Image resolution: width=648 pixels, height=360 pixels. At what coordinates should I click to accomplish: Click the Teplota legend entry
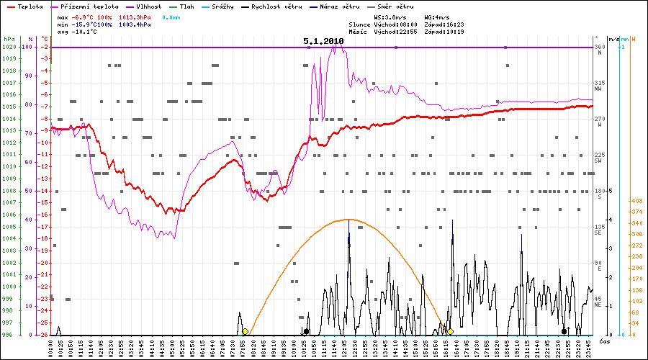pyautogui.click(x=30, y=6)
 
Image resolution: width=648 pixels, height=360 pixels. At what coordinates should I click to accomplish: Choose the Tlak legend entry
pyautogui.click(x=187, y=6)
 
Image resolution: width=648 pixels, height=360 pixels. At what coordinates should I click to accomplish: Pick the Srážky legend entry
pyautogui.click(x=223, y=6)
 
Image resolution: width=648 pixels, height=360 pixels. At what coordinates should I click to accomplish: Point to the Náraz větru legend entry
pyautogui.click(x=339, y=6)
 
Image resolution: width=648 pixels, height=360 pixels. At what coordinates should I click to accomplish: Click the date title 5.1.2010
pyautogui.click(x=323, y=42)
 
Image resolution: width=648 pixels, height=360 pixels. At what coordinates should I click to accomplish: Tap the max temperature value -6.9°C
pyautogui.click(x=84, y=16)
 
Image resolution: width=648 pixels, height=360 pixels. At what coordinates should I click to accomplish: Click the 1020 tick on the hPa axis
pyautogui.click(x=9, y=48)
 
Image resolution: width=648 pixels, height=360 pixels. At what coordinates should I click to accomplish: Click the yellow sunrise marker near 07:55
pyautogui.click(x=246, y=331)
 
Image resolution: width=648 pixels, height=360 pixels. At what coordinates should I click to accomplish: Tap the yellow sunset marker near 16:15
pyautogui.click(x=451, y=331)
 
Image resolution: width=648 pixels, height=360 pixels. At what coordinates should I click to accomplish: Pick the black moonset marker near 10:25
pyautogui.click(x=307, y=331)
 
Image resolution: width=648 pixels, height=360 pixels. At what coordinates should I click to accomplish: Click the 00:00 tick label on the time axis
pyautogui.click(x=52, y=348)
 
